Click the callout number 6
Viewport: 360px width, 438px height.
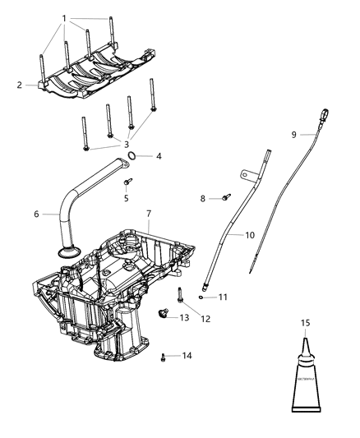click(x=36, y=215)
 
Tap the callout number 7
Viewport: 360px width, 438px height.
click(x=149, y=214)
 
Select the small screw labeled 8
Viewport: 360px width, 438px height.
click(x=205, y=197)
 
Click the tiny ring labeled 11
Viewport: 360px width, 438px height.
click(x=201, y=297)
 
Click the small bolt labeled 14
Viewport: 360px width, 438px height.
click(x=164, y=355)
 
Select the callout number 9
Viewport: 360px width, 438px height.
click(x=293, y=134)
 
